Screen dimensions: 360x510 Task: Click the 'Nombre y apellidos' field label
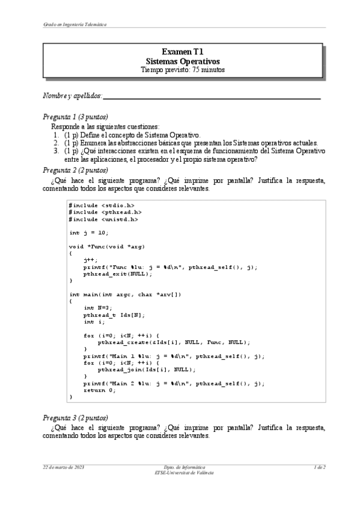(72, 96)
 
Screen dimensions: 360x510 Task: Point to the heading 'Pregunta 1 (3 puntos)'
(76, 117)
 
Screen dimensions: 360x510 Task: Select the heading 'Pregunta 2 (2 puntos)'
(76, 170)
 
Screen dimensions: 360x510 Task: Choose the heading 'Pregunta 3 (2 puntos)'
(76, 417)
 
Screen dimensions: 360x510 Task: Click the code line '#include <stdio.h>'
(101, 206)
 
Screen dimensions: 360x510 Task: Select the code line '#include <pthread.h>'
(105, 212)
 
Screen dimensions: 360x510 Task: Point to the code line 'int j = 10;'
(88, 233)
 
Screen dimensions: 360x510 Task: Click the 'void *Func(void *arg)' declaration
(108, 247)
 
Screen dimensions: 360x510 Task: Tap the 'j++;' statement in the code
(91, 260)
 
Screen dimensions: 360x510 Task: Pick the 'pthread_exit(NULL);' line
(117, 274)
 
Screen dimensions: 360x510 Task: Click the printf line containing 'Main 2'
(174, 383)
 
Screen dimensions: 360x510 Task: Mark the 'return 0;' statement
(100, 390)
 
